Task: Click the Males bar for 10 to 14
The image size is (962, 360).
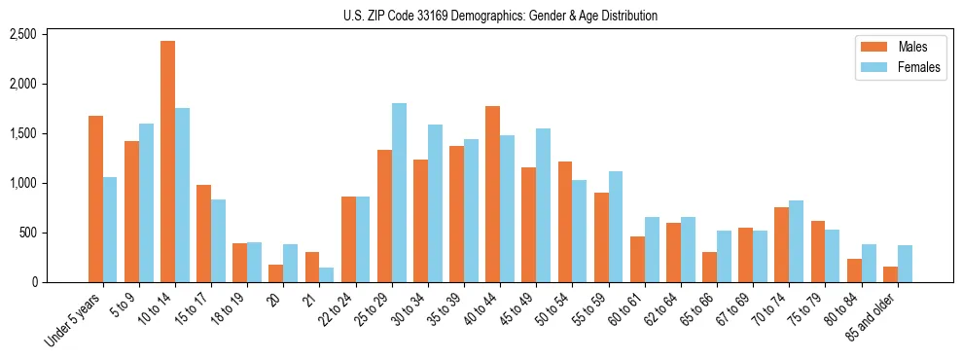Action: click(168, 162)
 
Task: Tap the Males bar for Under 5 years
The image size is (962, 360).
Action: click(95, 198)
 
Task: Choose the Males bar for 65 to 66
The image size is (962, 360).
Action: click(709, 268)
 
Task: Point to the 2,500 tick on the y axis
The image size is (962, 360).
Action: click(50, 34)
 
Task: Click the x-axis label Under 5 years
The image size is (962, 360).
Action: click(75, 321)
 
